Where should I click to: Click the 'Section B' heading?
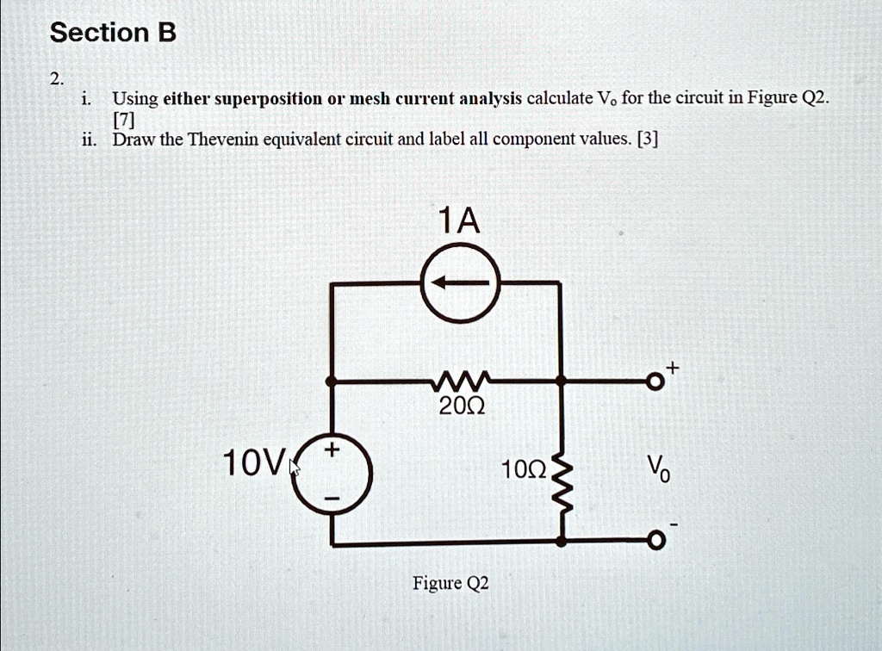113,33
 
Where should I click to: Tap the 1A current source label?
460,220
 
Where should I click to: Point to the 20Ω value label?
462,406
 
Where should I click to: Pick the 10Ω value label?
523,469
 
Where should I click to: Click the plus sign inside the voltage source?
332,449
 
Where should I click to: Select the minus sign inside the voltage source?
332,499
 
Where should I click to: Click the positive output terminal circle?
655,381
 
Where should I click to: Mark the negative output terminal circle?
655,541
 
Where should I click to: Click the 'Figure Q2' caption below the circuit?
451,584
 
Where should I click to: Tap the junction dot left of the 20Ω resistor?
332,381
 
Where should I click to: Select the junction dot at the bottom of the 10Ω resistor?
562,541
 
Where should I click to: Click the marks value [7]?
124,120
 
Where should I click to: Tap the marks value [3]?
648,139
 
